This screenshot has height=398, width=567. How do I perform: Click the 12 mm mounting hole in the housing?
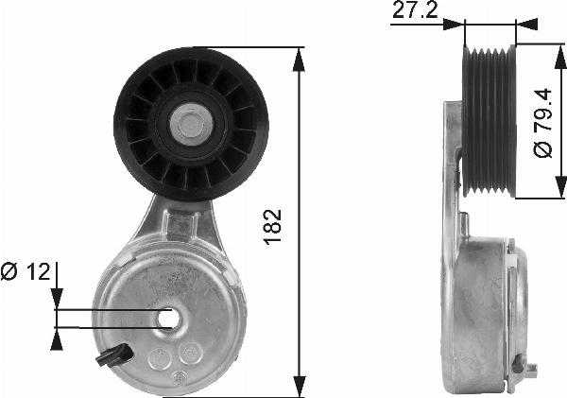tap(169, 319)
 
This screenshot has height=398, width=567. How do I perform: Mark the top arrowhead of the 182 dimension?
tap(300, 54)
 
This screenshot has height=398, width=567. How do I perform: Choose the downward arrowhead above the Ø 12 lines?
tap(57, 301)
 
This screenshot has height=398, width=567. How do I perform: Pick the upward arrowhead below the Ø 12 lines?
tap(57, 336)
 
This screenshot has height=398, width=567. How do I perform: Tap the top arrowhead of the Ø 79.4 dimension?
tap(541, 52)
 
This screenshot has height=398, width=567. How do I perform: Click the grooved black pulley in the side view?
tap(488, 120)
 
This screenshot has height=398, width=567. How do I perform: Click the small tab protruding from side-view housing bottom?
tap(528, 368)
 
